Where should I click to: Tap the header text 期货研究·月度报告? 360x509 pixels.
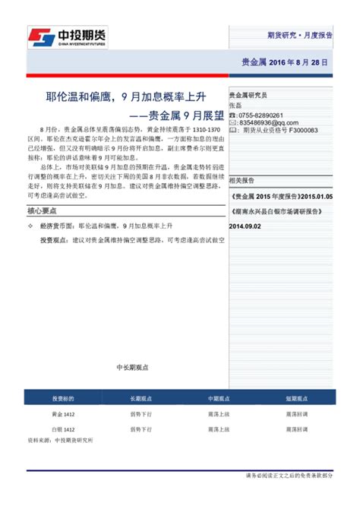pos(299,35)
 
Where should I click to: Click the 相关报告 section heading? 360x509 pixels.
pos(242,181)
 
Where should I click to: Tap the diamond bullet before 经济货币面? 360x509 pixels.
pos(30,226)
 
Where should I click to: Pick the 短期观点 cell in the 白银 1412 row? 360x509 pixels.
pos(296,429)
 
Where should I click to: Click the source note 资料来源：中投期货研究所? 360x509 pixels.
pos(60,440)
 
